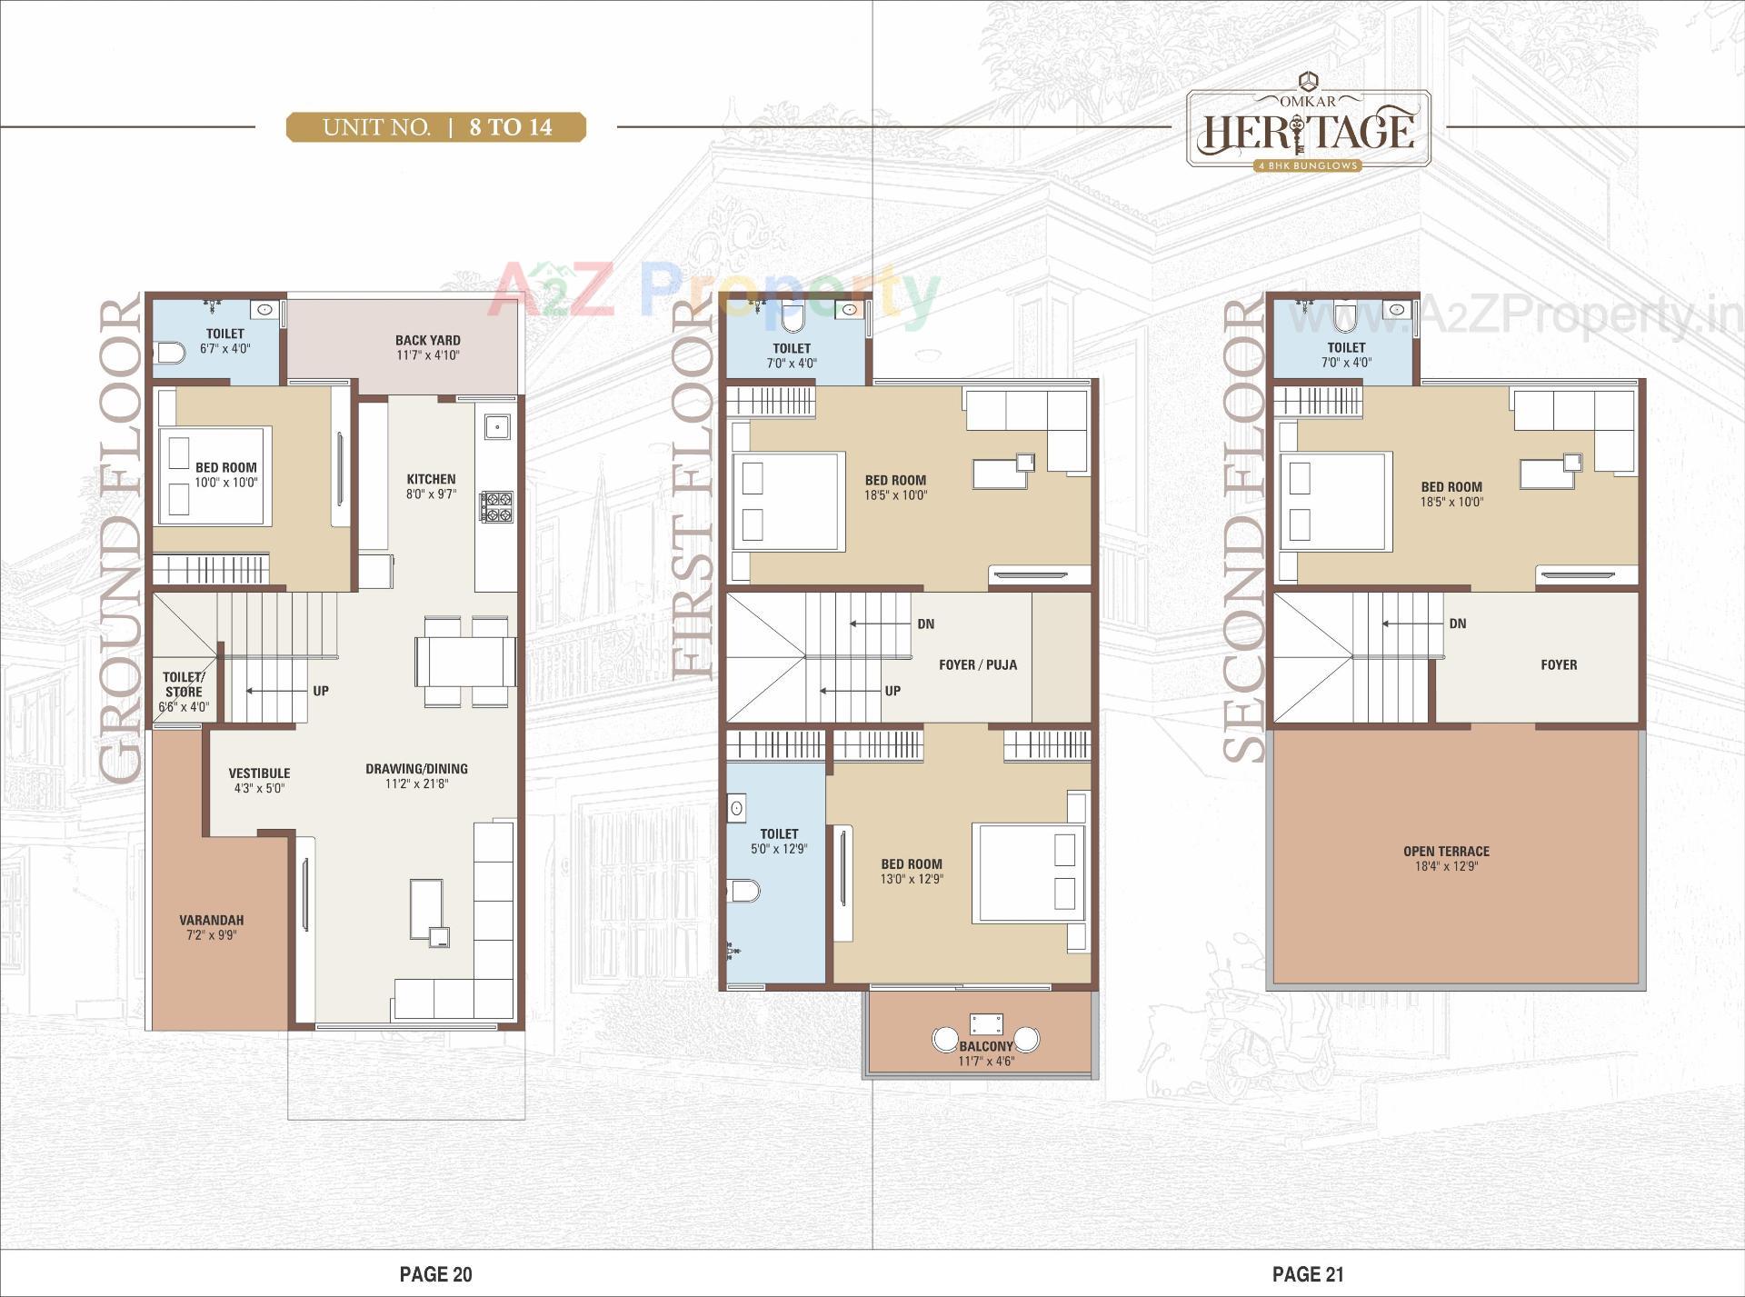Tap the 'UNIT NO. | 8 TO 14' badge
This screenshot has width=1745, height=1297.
[436, 127]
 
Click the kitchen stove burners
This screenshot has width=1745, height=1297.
[496, 506]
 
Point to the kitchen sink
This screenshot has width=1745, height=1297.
[496, 426]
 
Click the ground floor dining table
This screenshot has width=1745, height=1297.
[465, 661]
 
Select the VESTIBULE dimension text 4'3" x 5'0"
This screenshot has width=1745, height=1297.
[259, 788]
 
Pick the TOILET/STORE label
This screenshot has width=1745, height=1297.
[184, 683]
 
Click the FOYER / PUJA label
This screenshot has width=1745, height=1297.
[978, 664]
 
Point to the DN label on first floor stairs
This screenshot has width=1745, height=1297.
[925, 624]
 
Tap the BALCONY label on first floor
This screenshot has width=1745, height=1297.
[985, 1047]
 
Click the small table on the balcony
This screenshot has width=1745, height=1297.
[986, 1024]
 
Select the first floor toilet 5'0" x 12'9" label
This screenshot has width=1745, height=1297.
[779, 841]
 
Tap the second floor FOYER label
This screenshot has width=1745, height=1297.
[1559, 664]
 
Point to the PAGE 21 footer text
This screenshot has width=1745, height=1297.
[1307, 1274]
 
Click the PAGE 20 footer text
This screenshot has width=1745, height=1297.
[435, 1274]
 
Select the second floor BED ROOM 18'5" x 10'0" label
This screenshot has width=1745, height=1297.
[1451, 494]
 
